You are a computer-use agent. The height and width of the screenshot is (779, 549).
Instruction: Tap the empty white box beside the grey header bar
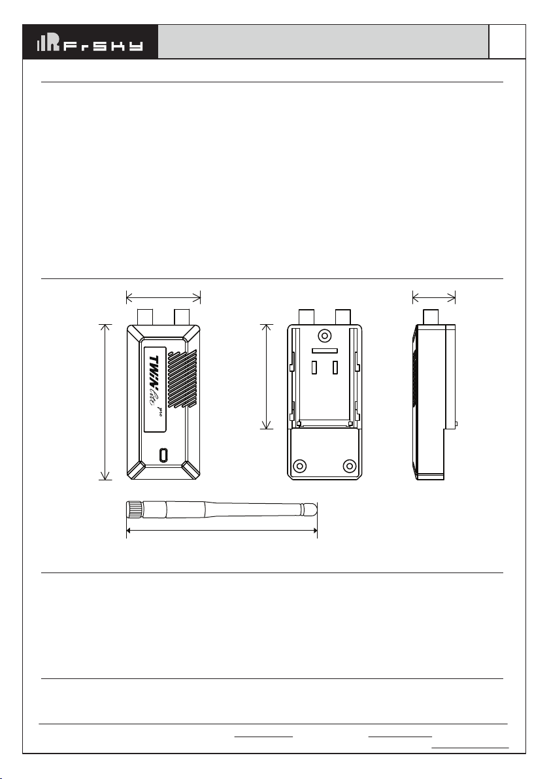click(508, 42)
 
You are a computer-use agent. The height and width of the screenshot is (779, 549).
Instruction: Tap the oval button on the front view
click(163, 454)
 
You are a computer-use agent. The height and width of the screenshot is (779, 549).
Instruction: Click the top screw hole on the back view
click(324, 336)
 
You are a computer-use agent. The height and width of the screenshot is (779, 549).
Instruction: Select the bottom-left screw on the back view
click(301, 466)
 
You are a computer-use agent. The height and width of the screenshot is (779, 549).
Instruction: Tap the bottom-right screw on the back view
click(350, 466)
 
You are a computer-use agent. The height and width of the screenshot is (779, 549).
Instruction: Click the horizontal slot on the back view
click(324, 352)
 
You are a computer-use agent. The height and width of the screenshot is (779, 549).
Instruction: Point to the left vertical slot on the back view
click(314, 368)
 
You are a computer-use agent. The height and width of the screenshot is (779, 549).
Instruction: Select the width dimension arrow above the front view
click(163, 298)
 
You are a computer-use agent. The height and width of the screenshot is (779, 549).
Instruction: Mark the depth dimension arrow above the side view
click(434, 298)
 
